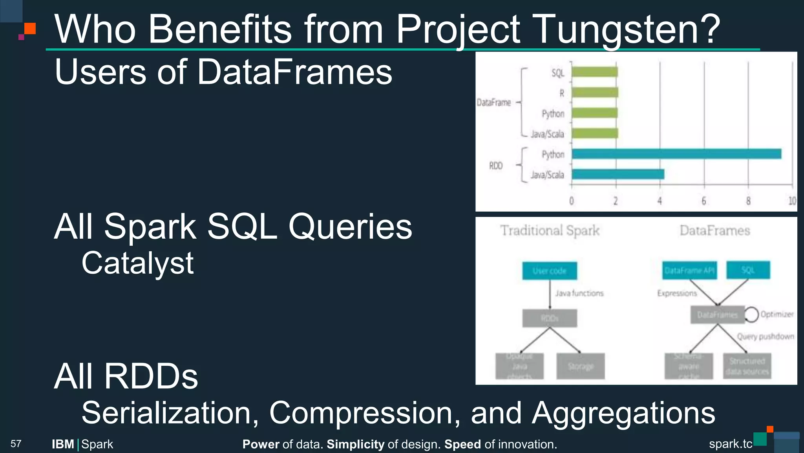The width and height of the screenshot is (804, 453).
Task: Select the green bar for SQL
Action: (594, 72)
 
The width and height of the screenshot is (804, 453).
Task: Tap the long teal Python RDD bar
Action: (676, 154)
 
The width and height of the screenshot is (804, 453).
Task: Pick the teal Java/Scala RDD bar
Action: (618, 174)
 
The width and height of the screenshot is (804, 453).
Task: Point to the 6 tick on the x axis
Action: (704, 201)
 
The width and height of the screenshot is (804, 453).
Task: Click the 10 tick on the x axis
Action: (792, 201)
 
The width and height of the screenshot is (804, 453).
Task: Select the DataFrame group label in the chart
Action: (493, 103)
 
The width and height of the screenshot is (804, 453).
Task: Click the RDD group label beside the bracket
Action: (495, 166)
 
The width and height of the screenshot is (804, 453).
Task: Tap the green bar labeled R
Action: (594, 92)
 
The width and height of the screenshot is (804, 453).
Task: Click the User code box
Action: (549, 271)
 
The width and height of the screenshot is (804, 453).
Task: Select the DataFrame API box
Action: (689, 271)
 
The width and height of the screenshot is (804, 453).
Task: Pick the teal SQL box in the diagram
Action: (748, 270)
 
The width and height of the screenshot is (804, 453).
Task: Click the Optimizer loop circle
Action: (751, 315)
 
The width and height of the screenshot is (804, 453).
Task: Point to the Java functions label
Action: (579, 293)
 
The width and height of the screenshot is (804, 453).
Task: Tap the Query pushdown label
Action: (765, 337)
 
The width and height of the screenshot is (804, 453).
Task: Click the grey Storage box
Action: (580, 366)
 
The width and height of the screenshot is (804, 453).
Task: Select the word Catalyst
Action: (137, 263)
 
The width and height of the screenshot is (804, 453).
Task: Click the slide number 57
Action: (16, 444)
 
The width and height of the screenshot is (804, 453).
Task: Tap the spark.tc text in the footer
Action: (730, 444)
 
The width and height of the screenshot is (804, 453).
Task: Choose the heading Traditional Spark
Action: (550, 230)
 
